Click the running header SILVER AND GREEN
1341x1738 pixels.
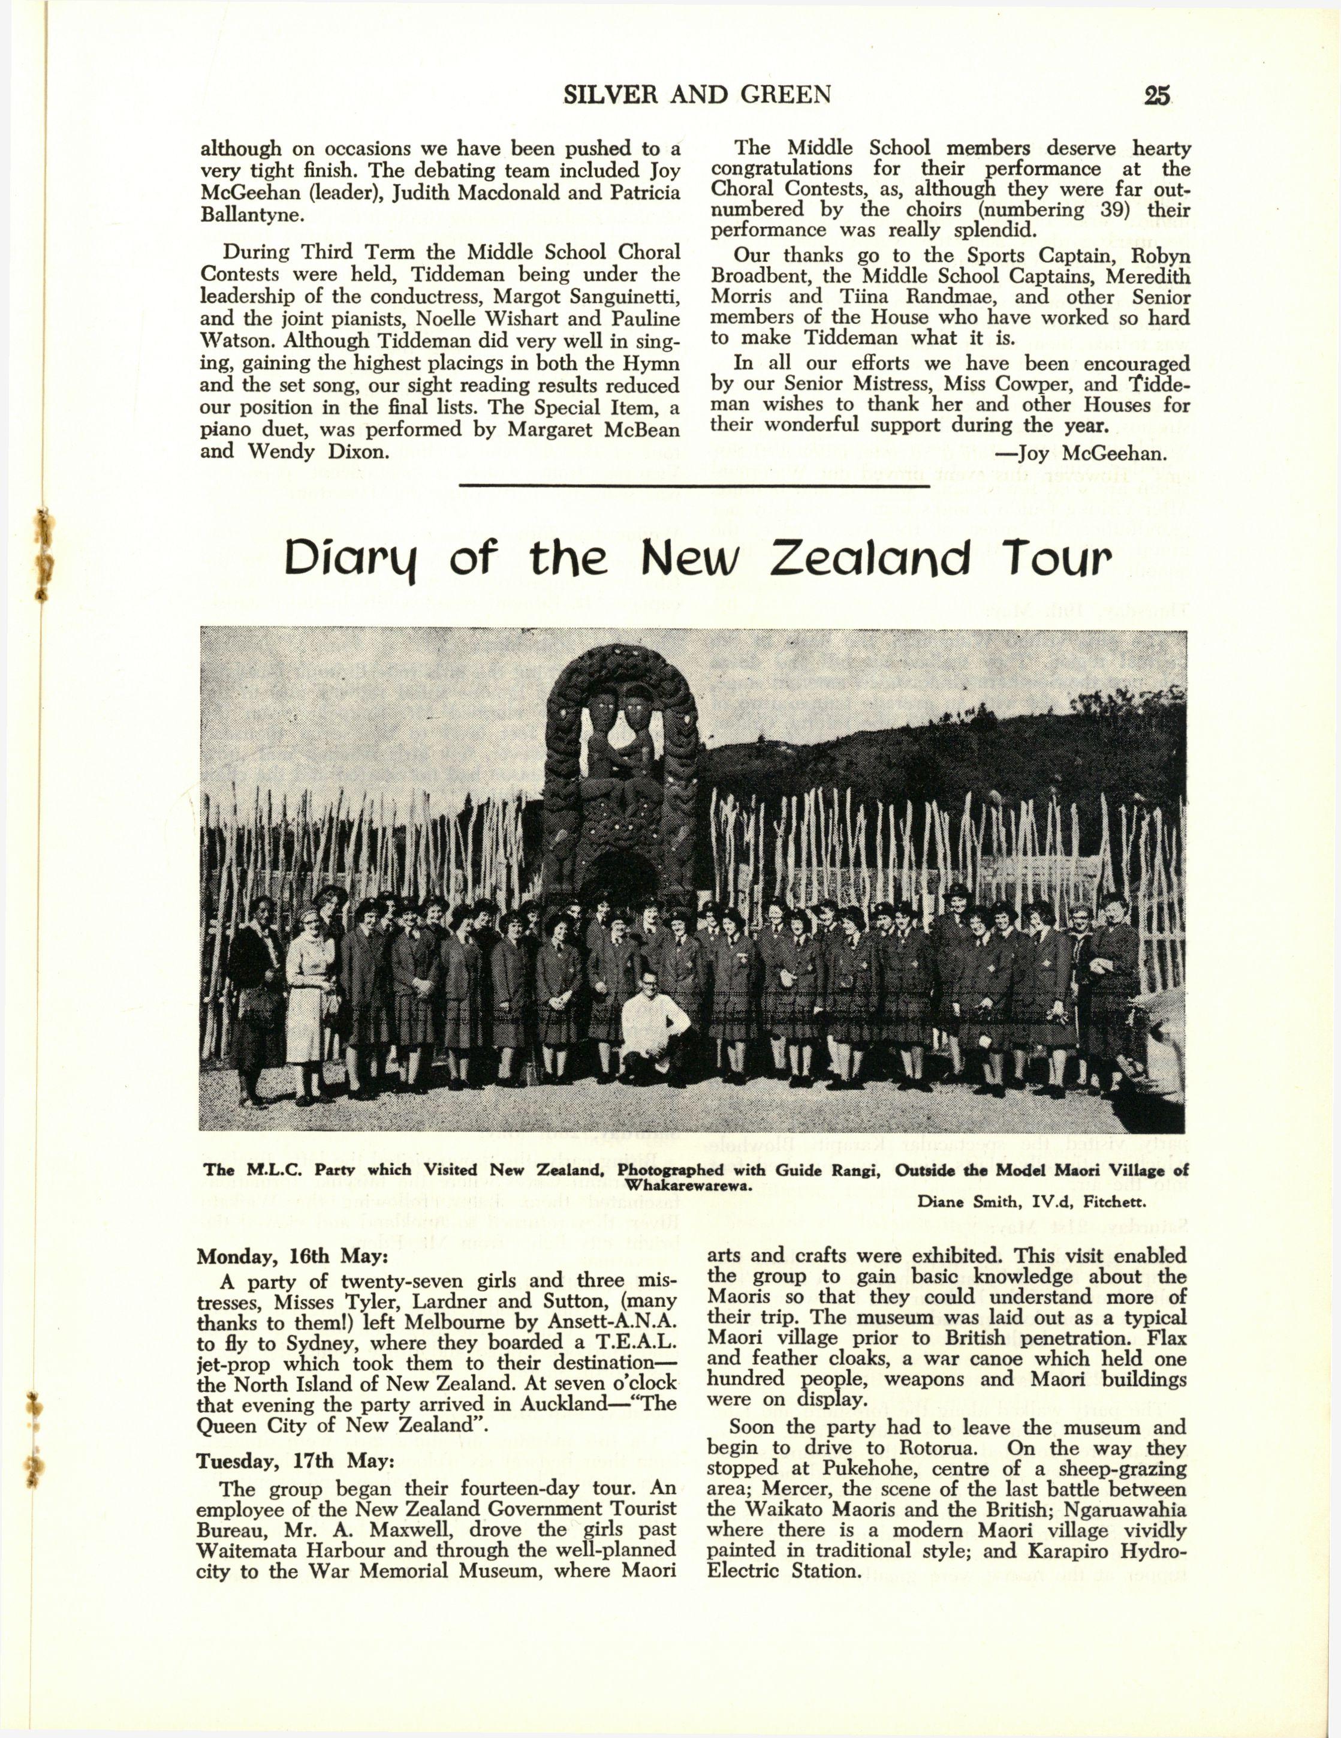[697, 95]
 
